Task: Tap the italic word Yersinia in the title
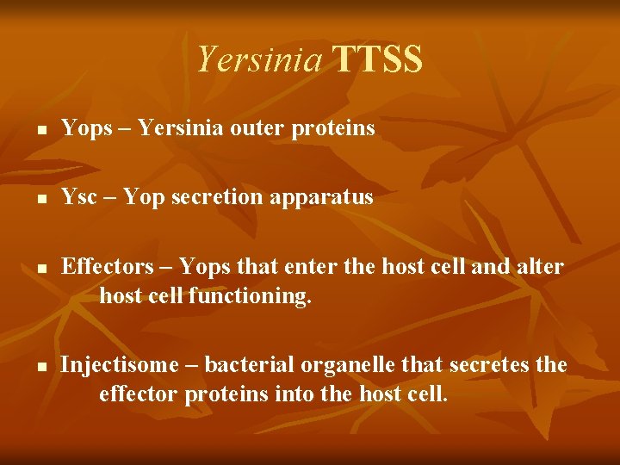[x=260, y=59]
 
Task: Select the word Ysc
[x=78, y=197]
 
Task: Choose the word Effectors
[x=101, y=267]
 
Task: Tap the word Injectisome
[x=111, y=365]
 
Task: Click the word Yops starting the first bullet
[x=87, y=129]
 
